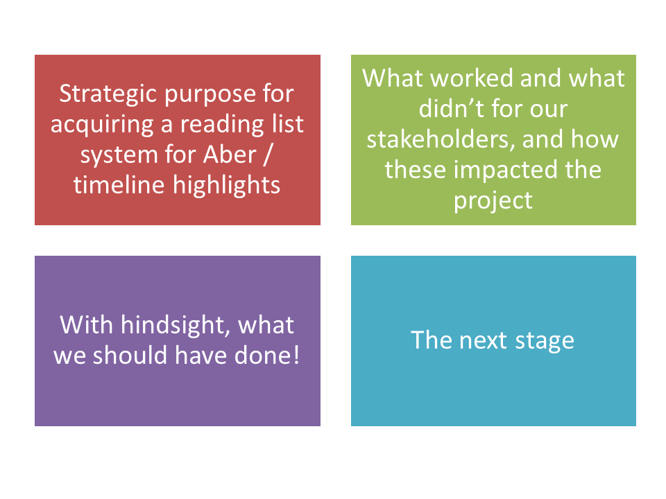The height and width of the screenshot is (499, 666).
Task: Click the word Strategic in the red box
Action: [109, 94]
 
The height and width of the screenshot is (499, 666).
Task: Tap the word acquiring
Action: [102, 125]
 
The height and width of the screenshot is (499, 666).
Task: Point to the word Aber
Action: [230, 154]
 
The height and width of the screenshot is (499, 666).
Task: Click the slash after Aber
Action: [266, 155]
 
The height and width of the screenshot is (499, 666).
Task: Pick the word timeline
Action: [119, 185]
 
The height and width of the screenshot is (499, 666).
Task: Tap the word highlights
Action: [226, 186]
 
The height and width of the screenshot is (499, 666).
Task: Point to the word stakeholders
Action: [441, 139]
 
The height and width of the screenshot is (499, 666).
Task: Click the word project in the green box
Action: [493, 201]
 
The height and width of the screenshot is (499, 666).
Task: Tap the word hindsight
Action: [176, 326]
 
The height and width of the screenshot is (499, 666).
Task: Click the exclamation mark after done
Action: [296, 355]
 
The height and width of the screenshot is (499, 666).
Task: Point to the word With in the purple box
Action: [86, 325]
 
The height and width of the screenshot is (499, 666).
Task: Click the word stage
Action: [545, 342]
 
